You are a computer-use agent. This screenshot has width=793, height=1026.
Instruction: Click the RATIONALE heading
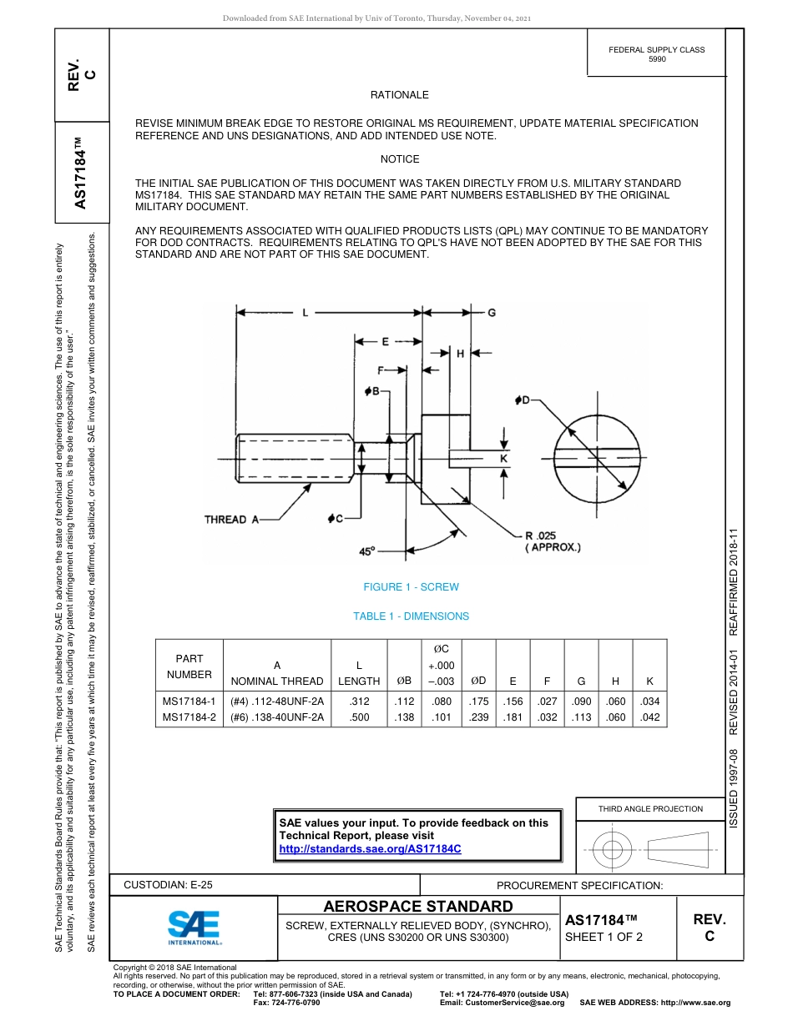(x=399, y=95)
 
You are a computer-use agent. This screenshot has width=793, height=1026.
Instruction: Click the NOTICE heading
(x=399, y=159)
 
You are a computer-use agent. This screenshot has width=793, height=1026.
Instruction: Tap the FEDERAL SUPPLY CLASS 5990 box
(x=656, y=54)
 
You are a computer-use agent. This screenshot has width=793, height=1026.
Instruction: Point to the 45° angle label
(x=367, y=551)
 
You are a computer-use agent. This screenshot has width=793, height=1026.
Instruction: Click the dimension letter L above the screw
(x=306, y=312)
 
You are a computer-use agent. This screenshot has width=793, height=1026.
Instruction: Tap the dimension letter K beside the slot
(x=504, y=458)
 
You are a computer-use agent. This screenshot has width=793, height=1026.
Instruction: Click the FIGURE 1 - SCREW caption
(x=411, y=587)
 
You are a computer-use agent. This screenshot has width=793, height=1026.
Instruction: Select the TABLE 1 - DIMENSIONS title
(x=411, y=616)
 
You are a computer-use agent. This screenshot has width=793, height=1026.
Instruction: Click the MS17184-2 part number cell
(x=189, y=717)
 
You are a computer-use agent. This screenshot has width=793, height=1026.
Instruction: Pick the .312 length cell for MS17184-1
(x=359, y=702)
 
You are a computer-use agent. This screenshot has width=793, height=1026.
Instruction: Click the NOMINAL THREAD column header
(x=276, y=681)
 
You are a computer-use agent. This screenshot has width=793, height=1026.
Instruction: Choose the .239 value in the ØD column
(x=478, y=717)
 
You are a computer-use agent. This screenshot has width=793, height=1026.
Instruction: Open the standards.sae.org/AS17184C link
(x=370, y=848)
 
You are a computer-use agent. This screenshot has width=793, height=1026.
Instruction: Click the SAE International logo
(x=194, y=927)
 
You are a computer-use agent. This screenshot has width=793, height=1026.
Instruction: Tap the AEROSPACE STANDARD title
(x=417, y=907)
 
